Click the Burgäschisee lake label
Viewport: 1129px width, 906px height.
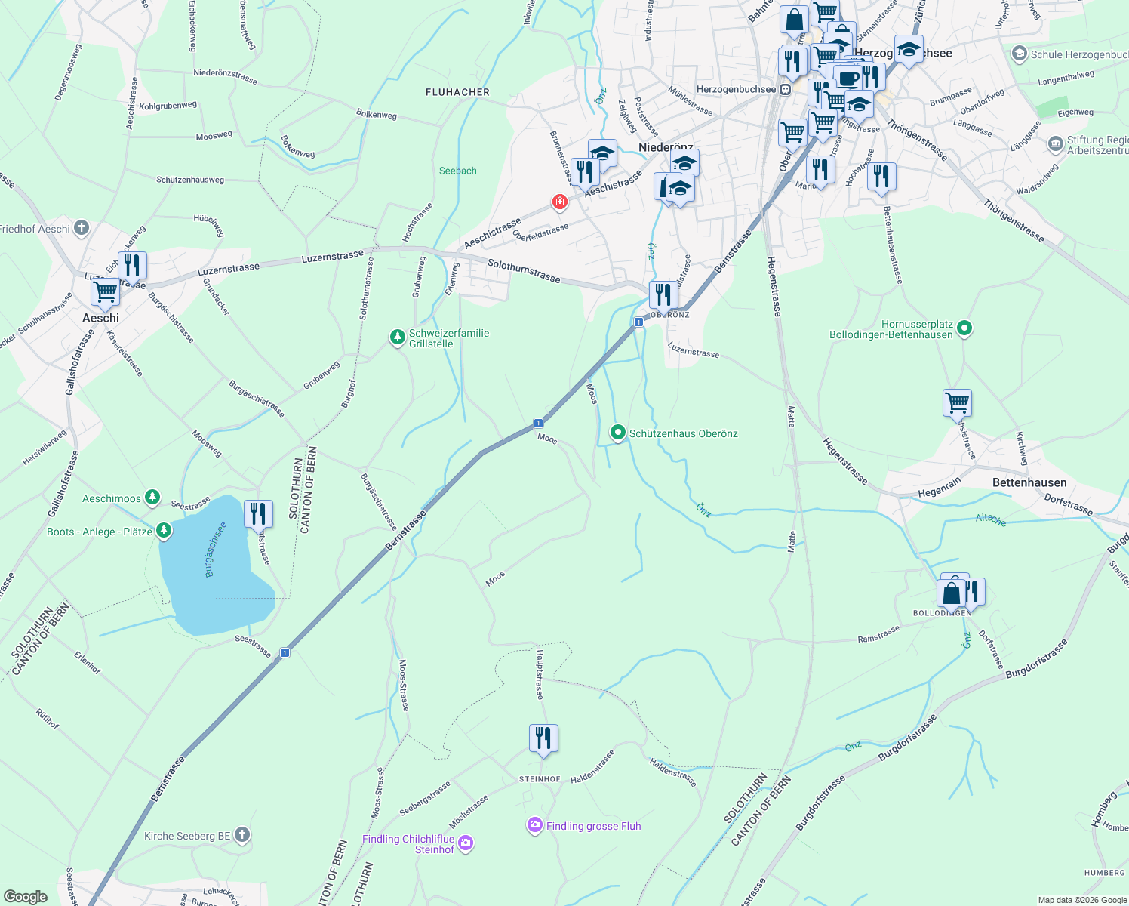pyautogui.click(x=215, y=550)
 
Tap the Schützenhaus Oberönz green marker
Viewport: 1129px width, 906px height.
pyautogui.click(x=618, y=433)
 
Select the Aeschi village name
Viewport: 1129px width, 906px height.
pyautogui.click(x=100, y=318)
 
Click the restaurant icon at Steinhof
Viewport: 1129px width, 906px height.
pyautogui.click(x=543, y=738)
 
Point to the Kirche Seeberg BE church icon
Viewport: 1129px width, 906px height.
pyautogui.click(x=241, y=834)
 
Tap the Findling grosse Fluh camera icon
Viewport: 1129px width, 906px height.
pyautogui.click(x=535, y=825)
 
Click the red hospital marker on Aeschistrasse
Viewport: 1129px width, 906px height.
pyautogui.click(x=559, y=202)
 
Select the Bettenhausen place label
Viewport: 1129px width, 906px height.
pyautogui.click(x=1029, y=482)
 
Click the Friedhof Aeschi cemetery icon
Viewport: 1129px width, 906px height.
pyautogui.click(x=82, y=227)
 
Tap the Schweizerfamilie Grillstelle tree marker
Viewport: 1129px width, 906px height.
pyautogui.click(x=397, y=337)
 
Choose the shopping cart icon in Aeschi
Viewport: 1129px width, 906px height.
pyautogui.click(x=106, y=291)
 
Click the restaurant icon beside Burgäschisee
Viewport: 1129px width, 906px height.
pyautogui.click(x=258, y=513)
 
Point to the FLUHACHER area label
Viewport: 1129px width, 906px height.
pyautogui.click(x=457, y=92)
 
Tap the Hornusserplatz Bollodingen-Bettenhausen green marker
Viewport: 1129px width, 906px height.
pyautogui.click(x=964, y=328)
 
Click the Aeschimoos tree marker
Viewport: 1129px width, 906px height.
pyautogui.click(x=152, y=497)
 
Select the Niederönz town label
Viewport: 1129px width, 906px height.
pyautogui.click(x=666, y=147)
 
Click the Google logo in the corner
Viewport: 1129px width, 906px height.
pyautogui.click(x=25, y=896)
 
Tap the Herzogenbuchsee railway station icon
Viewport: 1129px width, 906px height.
pyautogui.click(x=785, y=89)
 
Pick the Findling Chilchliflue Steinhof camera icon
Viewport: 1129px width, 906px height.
pyautogui.click(x=466, y=843)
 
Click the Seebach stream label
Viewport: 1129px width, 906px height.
pyautogui.click(x=458, y=171)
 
